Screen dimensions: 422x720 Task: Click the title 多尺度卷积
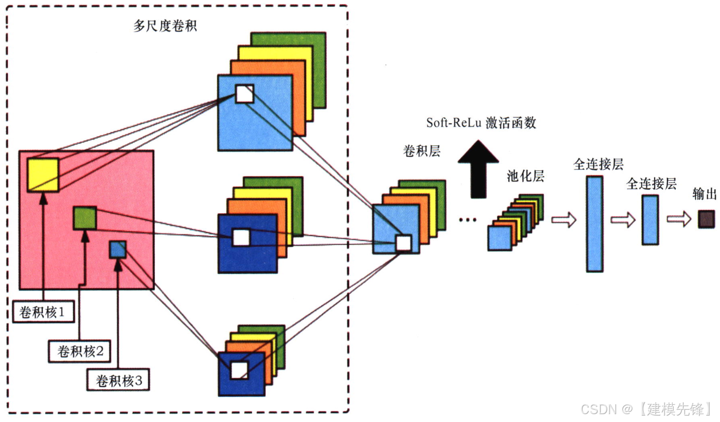(x=165, y=26)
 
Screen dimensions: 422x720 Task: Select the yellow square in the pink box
(x=43, y=175)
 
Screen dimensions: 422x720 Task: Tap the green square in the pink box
(x=85, y=218)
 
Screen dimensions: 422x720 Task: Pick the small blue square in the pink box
(x=118, y=249)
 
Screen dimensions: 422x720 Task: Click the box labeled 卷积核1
(x=43, y=312)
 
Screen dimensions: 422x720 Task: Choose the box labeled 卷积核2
(x=79, y=351)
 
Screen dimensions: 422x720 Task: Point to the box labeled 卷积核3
(x=118, y=380)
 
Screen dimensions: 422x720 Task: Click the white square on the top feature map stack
(x=244, y=94)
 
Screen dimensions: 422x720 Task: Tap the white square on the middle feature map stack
(x=241, y=237)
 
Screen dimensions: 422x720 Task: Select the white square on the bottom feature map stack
(x=239, y=370)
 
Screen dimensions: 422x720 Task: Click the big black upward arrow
(x=478, y=170)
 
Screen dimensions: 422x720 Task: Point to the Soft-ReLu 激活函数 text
(x=481, y=123)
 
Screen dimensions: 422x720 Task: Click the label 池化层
(x=525, y=176)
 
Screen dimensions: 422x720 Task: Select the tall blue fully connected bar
(x=594, y=224)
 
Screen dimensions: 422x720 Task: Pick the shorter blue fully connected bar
(x=650, y=220)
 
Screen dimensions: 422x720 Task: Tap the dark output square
(x=706, y=219)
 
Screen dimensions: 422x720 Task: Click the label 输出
(x=704, y=194)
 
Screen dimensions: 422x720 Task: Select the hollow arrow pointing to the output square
(x=679, y=219)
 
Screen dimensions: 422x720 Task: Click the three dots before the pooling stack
(x=467, y=220)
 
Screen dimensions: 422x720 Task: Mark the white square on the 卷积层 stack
(x=403, y=243)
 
